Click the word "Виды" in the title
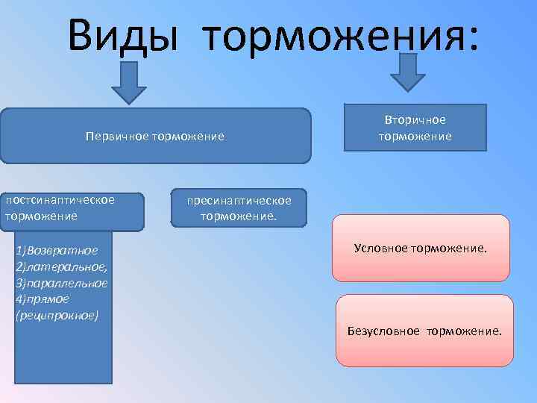pyautogui.click(x=124, y=34)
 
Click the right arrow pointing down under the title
pyautogui.click(x=407, y=72)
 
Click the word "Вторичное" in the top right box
pyautogui.click(x=415, y=120)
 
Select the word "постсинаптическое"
pyautogui.click(x=60, y=200)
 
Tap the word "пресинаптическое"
pyautogui.click(x=239, y=200)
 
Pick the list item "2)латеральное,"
pyautogui.click(x=61, y=266)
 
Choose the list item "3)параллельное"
pyautogui.click(x=61, y=283)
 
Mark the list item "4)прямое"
pyautogui.click(x=42, y=299)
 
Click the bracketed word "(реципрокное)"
pyautogui.click(x=56, y=315)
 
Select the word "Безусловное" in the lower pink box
pyautogui.click(x=383, y=330)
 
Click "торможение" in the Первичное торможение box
pyautogui.click(x=188, y=137)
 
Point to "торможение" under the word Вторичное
pyautogui.click(x=415, y=136)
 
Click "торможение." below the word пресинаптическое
pyautogui.click(x=239, y=216)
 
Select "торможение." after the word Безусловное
pyautogui.click(x=464, y=330)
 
